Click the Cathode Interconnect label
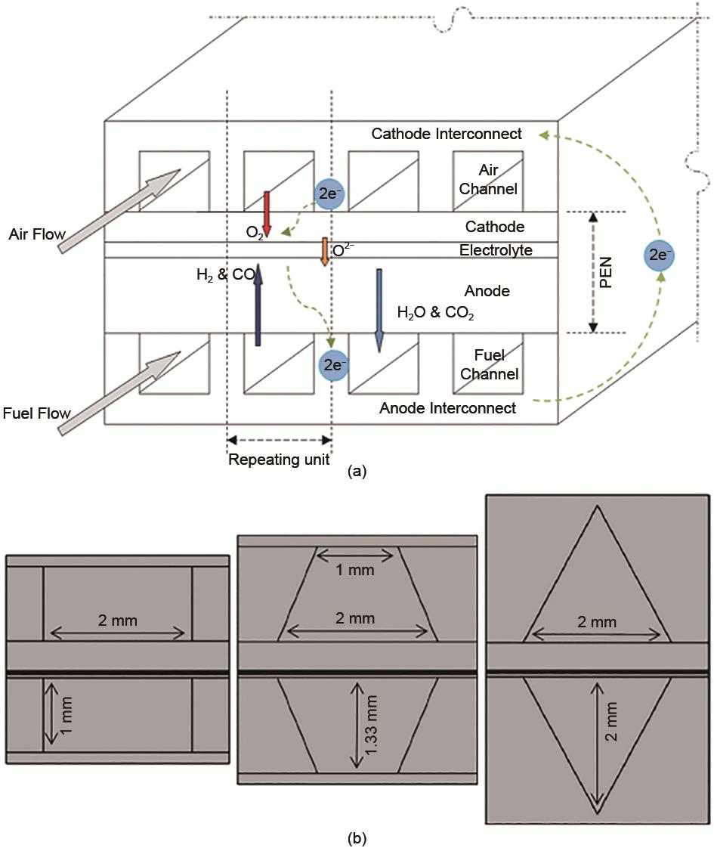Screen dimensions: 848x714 click(x=447, y=134)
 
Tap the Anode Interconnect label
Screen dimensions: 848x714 click(x=448, y=408)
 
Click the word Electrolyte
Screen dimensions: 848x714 click(x=496, y=250)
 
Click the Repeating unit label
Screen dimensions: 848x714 click(x=280, y=460)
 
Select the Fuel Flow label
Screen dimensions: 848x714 click(x=36, y=413)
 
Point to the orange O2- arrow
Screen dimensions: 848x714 click(x=323, y=252)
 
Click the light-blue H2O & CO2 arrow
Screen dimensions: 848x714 click(x=379, y=310)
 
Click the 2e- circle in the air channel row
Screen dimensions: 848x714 click(x=330, y=194)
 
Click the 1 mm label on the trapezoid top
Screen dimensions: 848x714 click(x=354, y=571)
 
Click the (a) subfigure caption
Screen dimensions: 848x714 click(x=357, y=472)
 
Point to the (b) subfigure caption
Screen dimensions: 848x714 click(x=357, y=837)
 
